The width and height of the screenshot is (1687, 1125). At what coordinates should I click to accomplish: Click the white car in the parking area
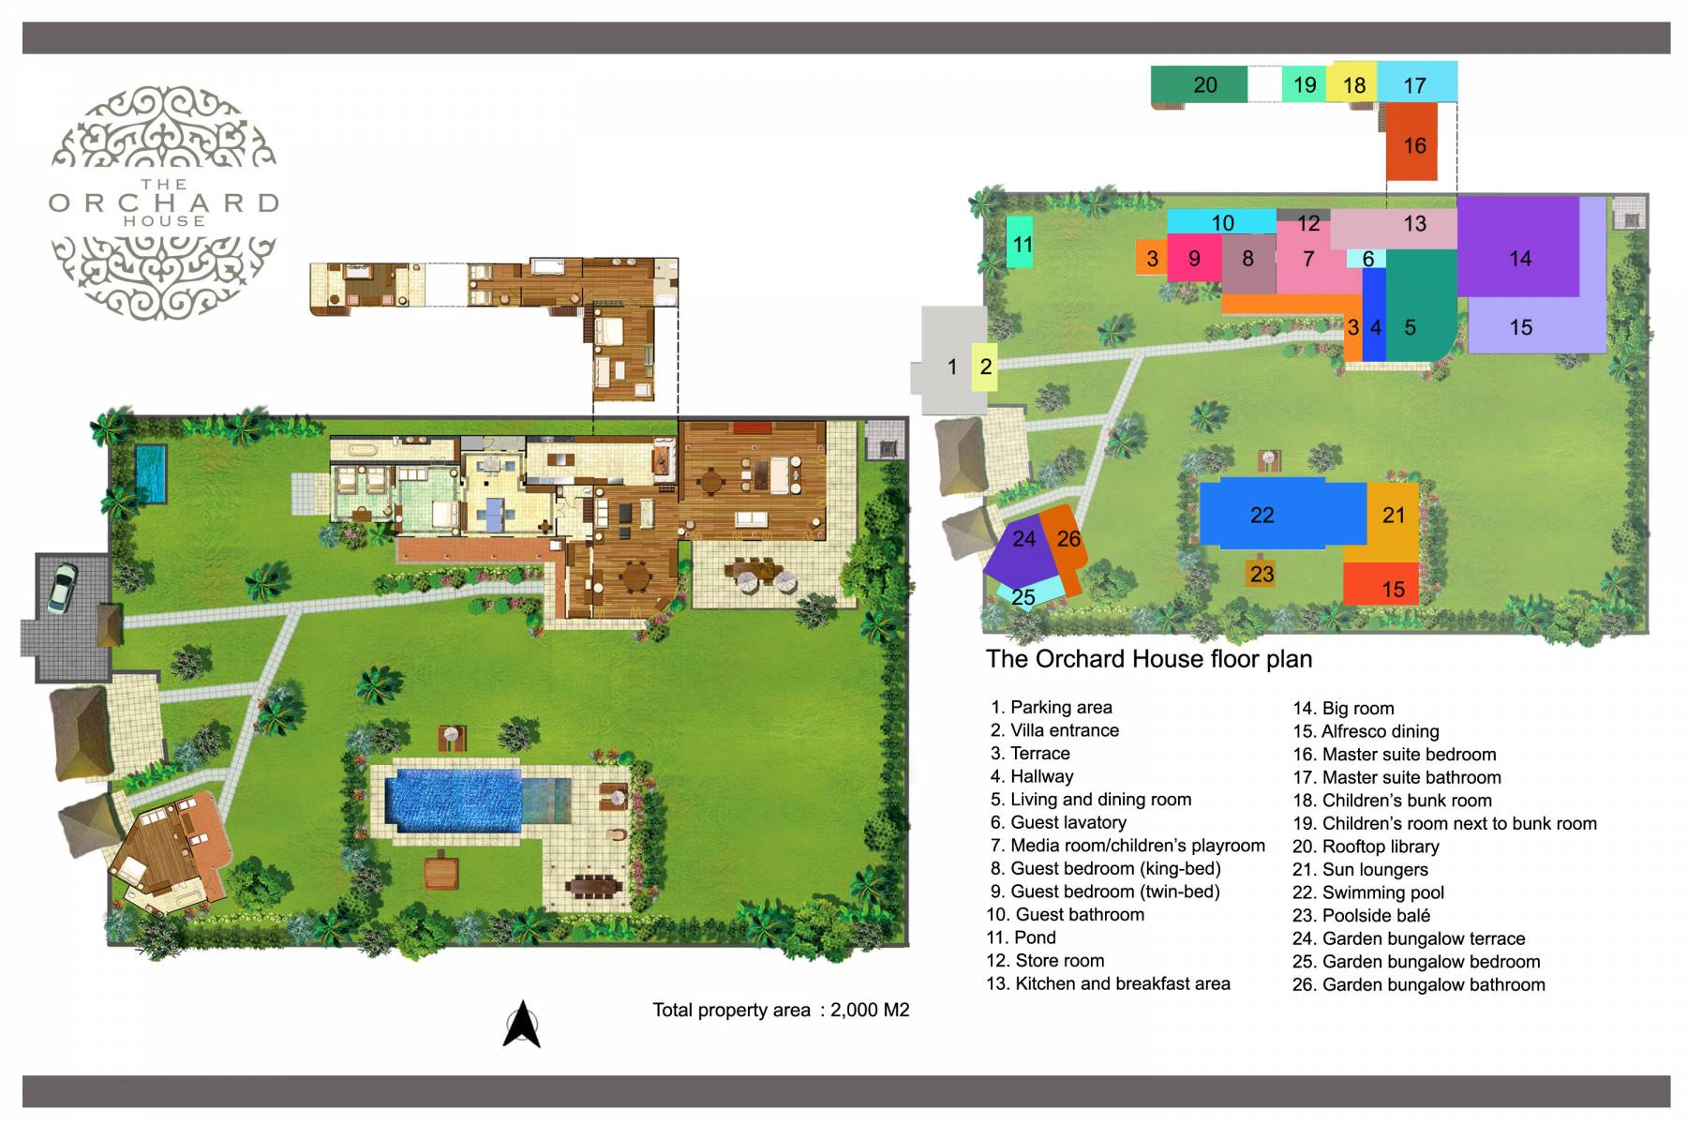(62, 589)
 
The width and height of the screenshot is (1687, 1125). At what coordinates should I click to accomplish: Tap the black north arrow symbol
(522, 1024)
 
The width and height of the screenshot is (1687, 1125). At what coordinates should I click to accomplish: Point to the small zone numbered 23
(1262, 574)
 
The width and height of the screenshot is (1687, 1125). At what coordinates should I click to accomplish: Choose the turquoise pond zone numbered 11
(1021, 242)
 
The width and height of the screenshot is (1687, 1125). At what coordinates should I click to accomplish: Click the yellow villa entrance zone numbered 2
(985, 366)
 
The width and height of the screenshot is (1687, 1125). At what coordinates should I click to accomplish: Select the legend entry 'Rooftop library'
(1380, 847)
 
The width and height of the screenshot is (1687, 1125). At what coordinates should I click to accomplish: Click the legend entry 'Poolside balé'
(1375, 916)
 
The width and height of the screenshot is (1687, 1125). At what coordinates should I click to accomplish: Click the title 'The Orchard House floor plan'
(1148, 659)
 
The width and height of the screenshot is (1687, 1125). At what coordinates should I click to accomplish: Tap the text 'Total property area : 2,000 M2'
(781, 1010)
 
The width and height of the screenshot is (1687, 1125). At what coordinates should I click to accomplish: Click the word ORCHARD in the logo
(164, 202)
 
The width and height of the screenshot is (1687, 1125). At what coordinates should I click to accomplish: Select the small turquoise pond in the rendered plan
(150, 473)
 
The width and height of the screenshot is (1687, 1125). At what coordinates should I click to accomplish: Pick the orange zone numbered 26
(1067, 542)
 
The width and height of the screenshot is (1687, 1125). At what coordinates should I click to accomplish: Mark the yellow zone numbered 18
(1353, 84)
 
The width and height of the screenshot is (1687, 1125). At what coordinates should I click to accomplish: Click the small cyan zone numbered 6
(1367, 259)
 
